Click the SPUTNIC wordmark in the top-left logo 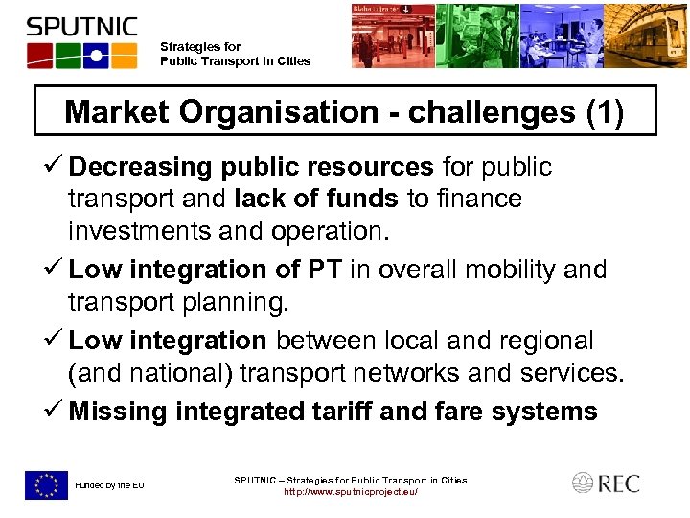pos(81,26)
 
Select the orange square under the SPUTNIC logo pos(123,55)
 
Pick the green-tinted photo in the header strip pos(477,36)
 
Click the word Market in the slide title pos(115,113)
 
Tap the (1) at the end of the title pos(604,113)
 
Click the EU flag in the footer pos(46,484)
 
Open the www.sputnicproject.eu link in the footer pos(350,492)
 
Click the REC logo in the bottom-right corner pos(606,483)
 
